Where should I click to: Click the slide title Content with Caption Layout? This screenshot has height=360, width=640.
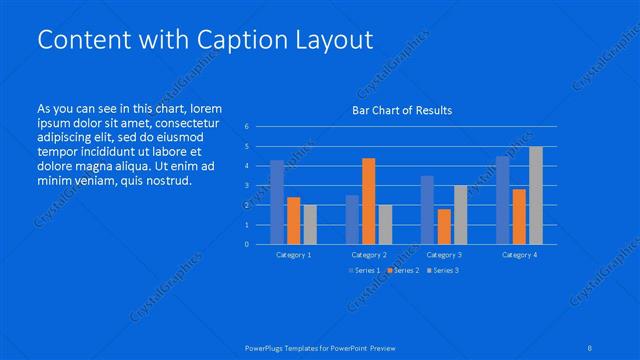(x=204, y=40)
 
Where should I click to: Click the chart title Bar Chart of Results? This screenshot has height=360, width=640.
(x=401, y=110)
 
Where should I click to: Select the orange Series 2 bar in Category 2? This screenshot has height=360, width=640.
(x=368, y=201)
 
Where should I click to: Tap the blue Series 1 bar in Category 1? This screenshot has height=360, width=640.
(x=277, y=202)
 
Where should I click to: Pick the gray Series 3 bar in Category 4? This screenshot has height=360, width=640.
(x=536, y=195)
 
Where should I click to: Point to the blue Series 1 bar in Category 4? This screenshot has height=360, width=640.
(x=502, y=200)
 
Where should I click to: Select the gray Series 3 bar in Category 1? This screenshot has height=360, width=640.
(x=310, y=224)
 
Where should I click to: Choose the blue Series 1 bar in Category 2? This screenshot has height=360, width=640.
(x=352, y=219)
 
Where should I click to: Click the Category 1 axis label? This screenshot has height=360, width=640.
(x=294, y=255)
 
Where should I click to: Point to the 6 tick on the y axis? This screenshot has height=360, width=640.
(x=246, y=127)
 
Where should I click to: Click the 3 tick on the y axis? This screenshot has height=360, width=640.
(x=246, y=186)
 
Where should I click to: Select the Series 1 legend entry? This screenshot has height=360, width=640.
(x=365, y=271)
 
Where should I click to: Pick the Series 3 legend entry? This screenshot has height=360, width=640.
(x=443, y=271)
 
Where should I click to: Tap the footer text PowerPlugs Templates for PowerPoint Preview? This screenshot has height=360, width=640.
(x=319, y=347)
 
